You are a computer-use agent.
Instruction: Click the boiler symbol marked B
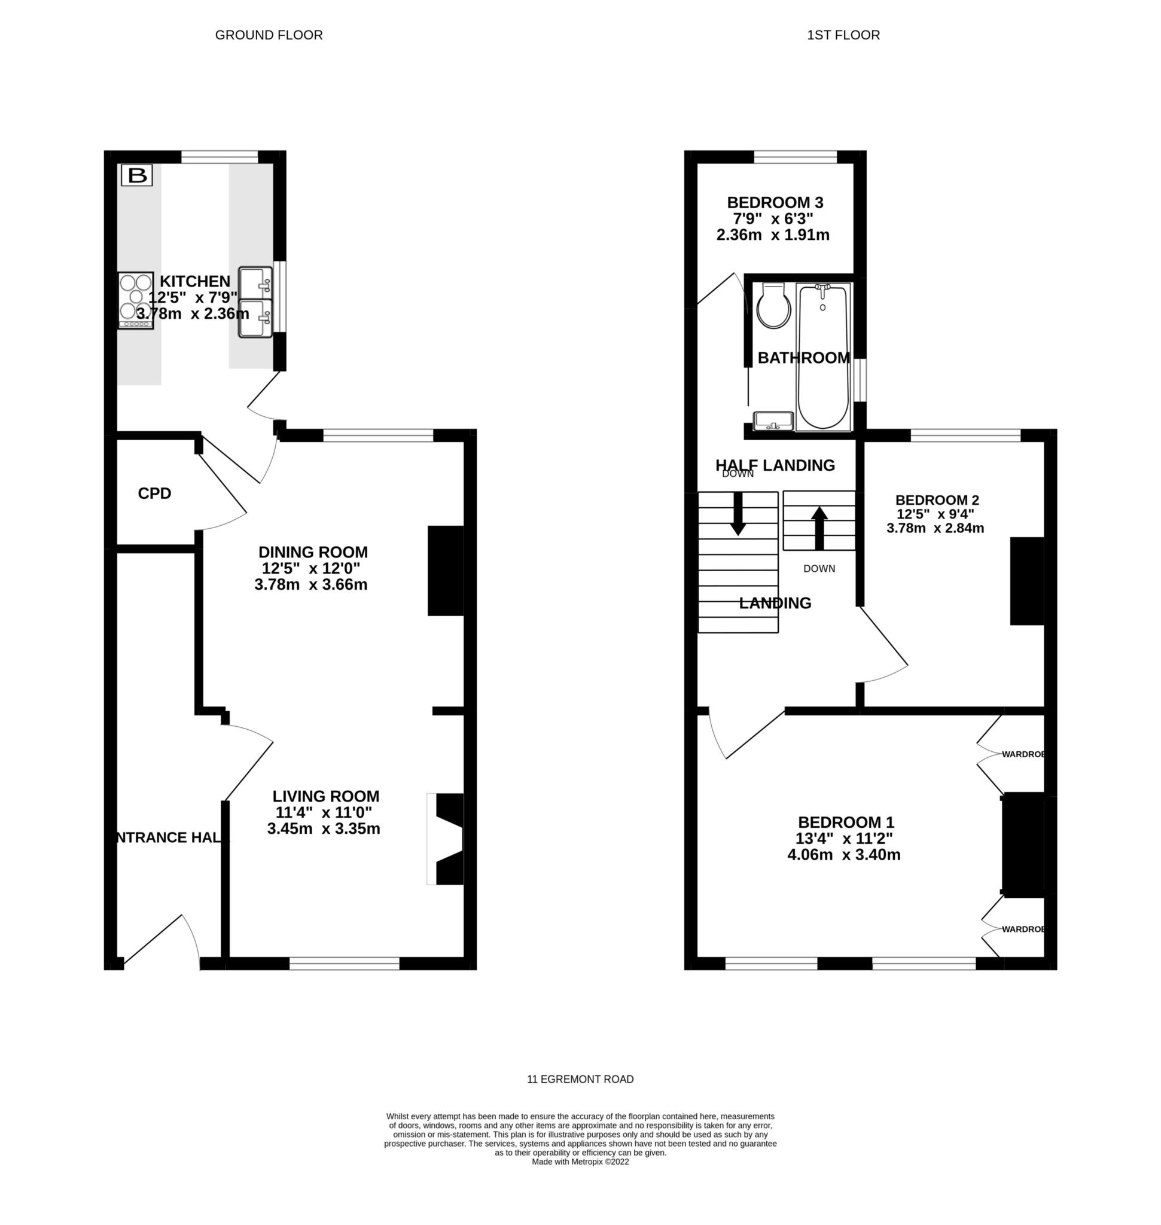(136, 175)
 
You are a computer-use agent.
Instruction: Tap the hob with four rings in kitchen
(136, 300)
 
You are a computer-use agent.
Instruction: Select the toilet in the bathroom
(773, 306)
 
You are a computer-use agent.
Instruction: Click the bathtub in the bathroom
(823, 356)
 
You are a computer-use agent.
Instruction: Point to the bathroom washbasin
(773, 421)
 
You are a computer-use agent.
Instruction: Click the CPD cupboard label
(154, 493)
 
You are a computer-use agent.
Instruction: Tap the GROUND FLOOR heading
(269, 35)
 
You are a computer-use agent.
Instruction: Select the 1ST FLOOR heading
(843, 35)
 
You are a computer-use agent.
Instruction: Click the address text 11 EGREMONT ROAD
(580, 1079)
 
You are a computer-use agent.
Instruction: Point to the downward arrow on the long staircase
(738, 513)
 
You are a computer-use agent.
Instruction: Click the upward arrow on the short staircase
(819, 528)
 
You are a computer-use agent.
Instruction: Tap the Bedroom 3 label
(775, 202)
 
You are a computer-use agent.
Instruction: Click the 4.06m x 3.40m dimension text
(843, 855)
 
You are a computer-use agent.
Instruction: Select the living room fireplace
(449, 839)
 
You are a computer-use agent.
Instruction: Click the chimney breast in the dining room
(446, 570)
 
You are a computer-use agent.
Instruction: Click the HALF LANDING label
(775, 465)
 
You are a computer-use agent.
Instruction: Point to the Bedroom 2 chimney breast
(1026, 581)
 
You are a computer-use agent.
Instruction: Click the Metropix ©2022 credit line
(580, 1162)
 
